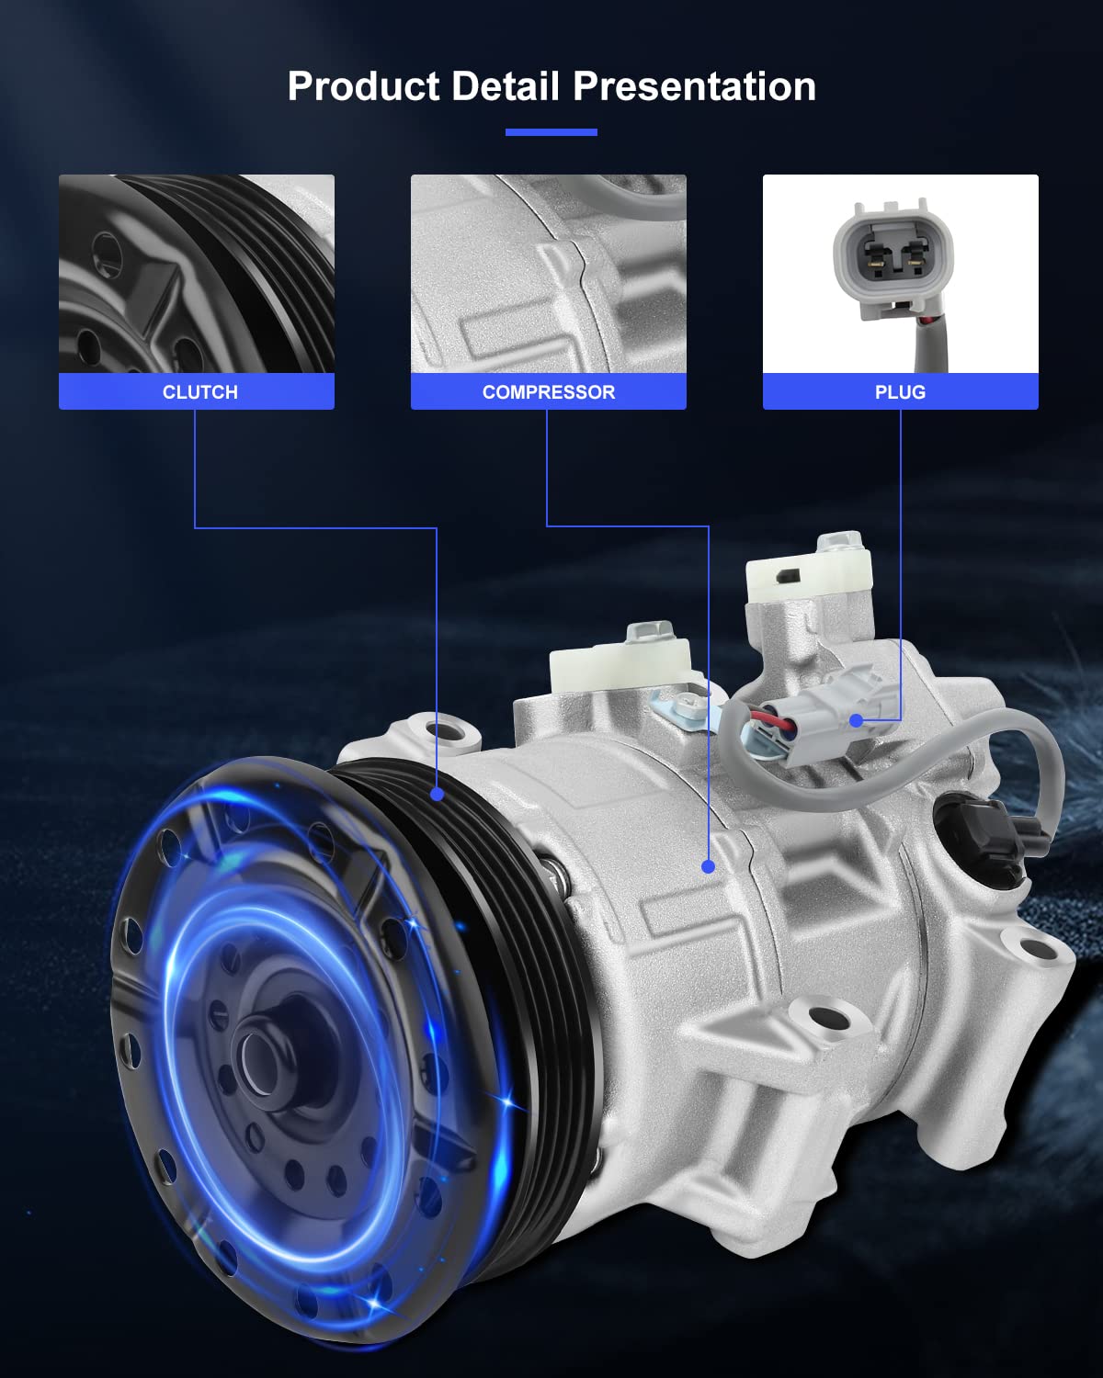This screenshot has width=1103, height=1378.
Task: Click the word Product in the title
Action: (363, 86)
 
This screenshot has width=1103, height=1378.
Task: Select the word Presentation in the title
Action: (694, 86)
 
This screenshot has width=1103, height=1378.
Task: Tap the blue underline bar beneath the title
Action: (551, 132)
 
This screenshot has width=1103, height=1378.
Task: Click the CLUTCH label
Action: (199, 392)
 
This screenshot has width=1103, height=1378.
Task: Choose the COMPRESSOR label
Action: (548, 392)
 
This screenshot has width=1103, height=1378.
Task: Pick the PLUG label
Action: (900, 392)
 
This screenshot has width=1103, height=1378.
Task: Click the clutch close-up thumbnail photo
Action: (197, 274)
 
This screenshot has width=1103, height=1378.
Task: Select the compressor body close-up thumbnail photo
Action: (548, 274)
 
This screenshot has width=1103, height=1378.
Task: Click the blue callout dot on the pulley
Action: (438, 793)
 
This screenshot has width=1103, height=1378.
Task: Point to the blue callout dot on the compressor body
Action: (708, 866)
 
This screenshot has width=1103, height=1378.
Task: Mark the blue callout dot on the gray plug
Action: (857, 721)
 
